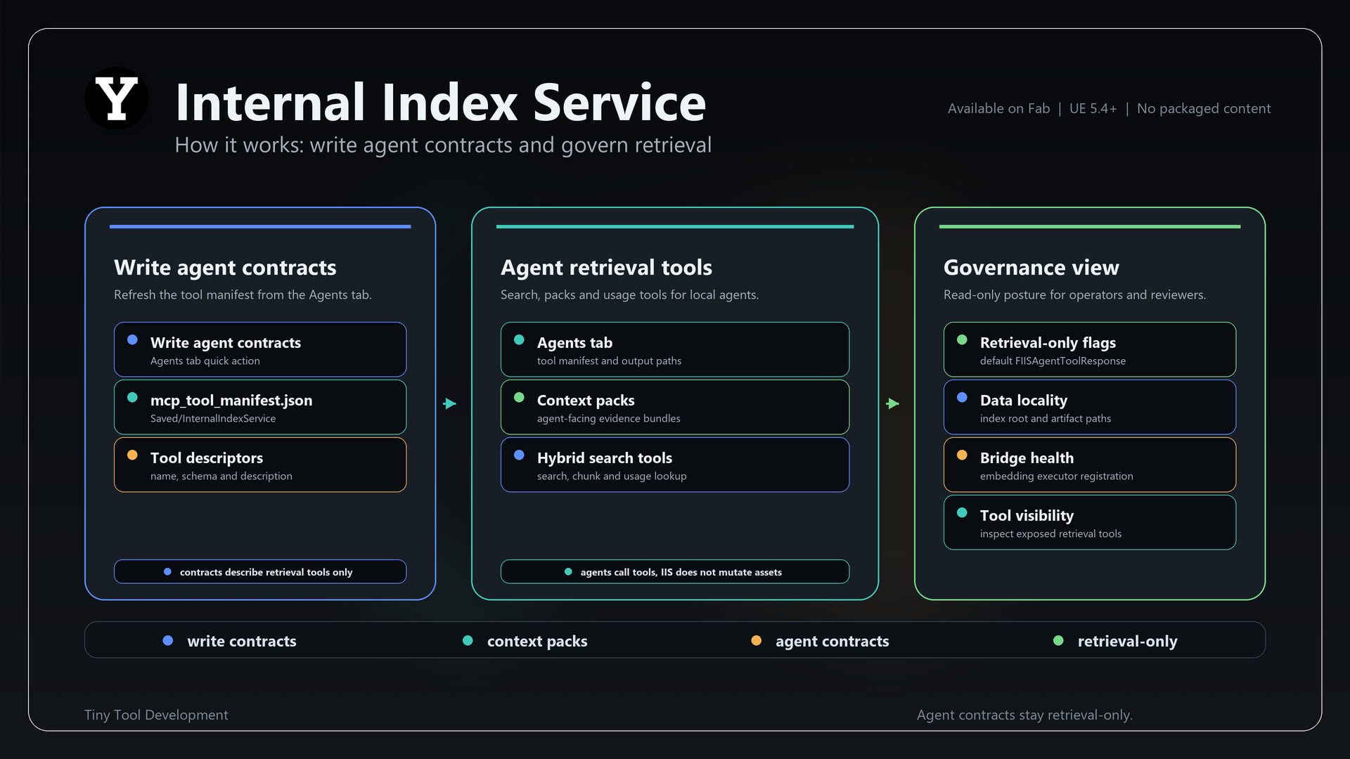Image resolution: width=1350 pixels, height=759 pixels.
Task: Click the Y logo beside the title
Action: pos(117,98)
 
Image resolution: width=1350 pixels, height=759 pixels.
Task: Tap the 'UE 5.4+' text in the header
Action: pos(1093,108)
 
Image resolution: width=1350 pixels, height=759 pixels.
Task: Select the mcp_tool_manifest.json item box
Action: pos(260,407)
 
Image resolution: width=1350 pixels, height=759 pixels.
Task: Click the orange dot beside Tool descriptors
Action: pos(132,455)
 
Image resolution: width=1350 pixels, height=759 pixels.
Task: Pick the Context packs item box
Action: pos(675,407)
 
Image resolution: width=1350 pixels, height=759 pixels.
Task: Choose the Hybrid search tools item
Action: pos(675,465)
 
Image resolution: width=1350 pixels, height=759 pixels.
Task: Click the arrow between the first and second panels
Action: pos(450,403)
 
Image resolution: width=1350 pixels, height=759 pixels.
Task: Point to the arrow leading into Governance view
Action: pos(893,403)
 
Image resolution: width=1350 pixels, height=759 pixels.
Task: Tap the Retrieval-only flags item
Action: pos(1090,349)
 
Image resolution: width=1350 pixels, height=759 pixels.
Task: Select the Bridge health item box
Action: pos(1090,465)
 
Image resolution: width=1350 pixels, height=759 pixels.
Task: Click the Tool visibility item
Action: pos(1090,522)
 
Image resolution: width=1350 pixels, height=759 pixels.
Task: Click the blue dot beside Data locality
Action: pos(962,397)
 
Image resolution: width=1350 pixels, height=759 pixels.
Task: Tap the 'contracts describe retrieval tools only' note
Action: pos(260,571)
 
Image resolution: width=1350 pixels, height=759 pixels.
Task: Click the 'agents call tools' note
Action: pos(675,571)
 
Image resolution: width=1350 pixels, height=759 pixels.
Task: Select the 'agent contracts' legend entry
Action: pos(820,641)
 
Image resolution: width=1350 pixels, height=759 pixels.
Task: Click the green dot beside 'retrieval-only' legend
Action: pos(1058,640)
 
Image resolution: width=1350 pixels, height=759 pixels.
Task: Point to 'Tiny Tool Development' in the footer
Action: pos(156,715)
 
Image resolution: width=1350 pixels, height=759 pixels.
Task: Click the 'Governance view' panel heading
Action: pos(1031,267)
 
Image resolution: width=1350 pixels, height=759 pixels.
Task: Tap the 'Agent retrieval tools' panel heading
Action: pos(606,267)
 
